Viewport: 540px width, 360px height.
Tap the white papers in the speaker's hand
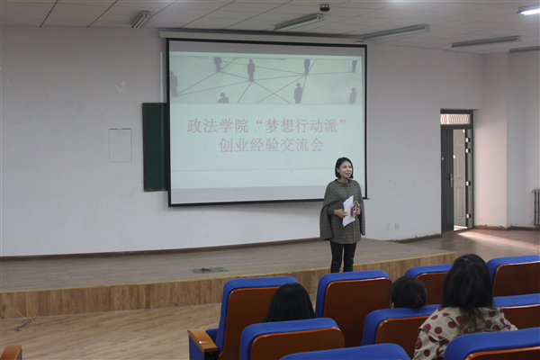coord(347,211)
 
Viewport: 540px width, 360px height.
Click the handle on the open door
coord(451,180)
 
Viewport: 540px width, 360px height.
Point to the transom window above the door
coord(455,119)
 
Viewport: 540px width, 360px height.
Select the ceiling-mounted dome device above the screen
coord(325,7)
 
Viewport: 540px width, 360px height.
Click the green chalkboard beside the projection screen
coord(155,147)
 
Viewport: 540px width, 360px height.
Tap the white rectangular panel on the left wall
coord(121,146)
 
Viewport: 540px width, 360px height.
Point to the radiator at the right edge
coord(535,208)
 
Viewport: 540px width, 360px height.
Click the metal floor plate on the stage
coord(209,270)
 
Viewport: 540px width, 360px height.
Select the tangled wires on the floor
coord(26,320)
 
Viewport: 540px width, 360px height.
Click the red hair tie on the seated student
coord(417,296)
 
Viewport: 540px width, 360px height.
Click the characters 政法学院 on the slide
coord(217,126)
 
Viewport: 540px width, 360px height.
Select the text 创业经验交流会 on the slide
coord(271,145)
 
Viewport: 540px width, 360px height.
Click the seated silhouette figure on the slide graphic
coord(223,98)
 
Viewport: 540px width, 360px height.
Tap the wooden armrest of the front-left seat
coord(202,342)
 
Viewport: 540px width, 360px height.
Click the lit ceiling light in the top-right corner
coord(528,10)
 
